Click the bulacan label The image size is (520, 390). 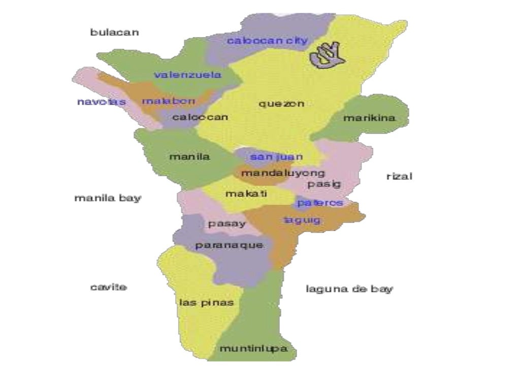pyautogui.click(x=115, y=32)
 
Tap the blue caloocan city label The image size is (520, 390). pyautogui.click(x=267, y=41)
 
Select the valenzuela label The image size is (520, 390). pyautogui.click(x=188, y=75)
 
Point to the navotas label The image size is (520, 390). pyautogui.click(x=101, y=102)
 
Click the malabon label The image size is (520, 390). pyautogui.click(x=168, y=101)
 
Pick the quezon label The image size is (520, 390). pyautogui.click(x=281, y=104)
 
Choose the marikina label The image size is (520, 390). pyautogui.click(x=369, y=118)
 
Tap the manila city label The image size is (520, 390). pyautogui.click(x=189, y=157)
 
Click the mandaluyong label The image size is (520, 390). pyautogui.click(x=283, y=173)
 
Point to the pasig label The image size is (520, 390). pyautogui.click(x=323, y=184)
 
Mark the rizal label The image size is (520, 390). pyautogui.click(x=399, y=177)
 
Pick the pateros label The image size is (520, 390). pyautogui.click(x=320, y=203)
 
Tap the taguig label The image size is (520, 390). pyautogui.click(x=303, y=220)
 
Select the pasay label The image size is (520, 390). pyautogui.click(x=226, y=223)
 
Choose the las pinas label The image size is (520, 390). pyautogui.click(x=206, y=303)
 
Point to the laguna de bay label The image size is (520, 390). pyautogui.click(x=349, y=289)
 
